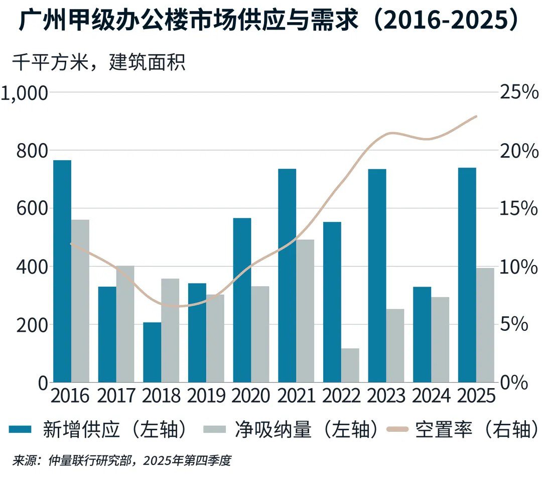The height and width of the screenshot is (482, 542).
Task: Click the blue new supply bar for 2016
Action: pos(62,271)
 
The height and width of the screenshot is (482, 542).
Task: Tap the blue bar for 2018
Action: pos(152,352)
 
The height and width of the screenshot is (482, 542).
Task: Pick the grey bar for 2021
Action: pos(305,311)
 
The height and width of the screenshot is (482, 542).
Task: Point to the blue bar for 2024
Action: pos(422,334)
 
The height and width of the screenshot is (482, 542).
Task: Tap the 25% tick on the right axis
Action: pos(518,93)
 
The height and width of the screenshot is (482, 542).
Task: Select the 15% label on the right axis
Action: pos(518,209)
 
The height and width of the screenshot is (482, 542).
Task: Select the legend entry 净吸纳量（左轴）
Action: pos(291,430)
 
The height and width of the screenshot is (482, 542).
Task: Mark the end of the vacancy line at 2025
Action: pos(476,116)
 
